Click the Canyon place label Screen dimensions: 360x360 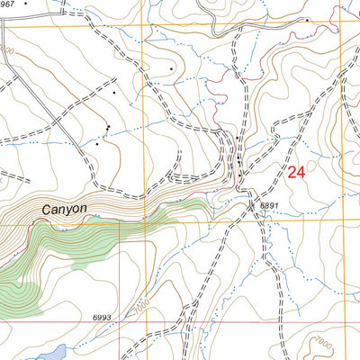click(x=65, y=209)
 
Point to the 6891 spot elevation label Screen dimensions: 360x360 click(x=270, y=206)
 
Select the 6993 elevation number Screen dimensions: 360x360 click(x=102, y=318)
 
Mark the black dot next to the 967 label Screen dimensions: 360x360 click(x=25, y=3)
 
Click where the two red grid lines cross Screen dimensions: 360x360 click(x=120, y=321)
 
